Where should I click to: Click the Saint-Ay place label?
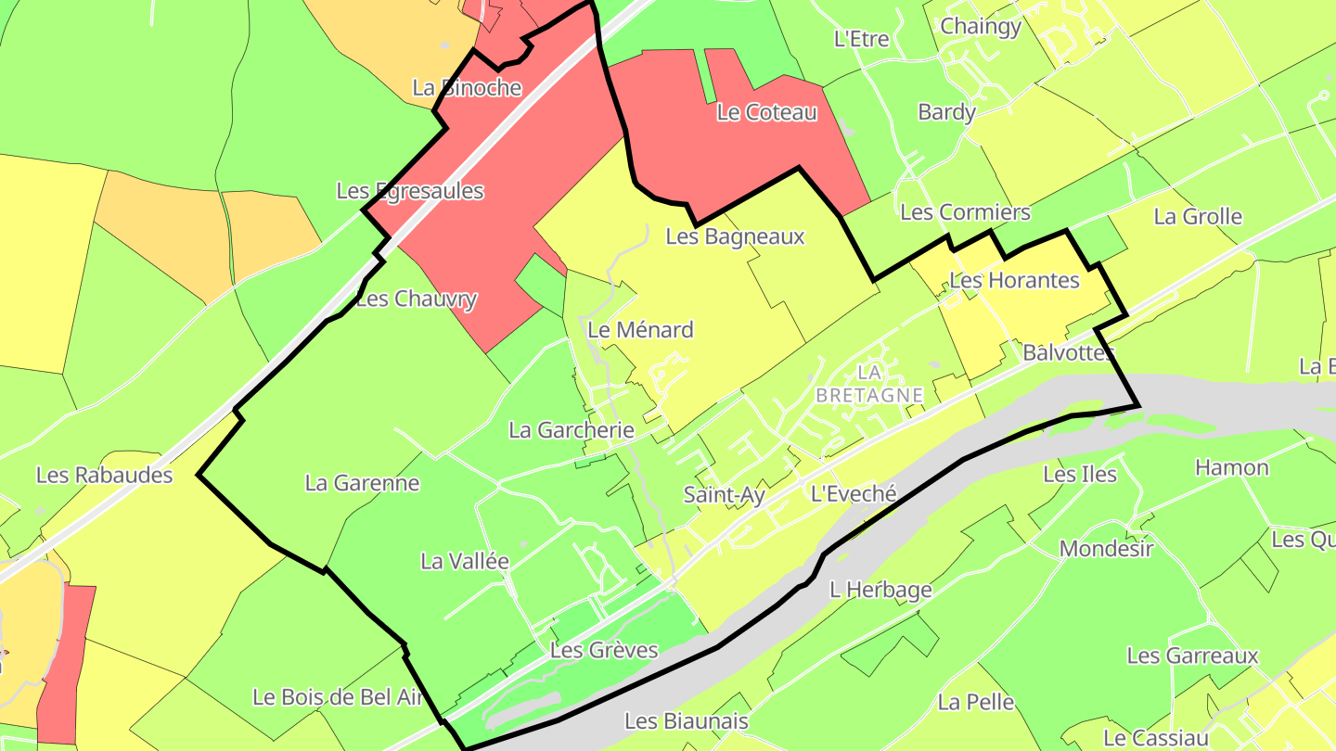[x=724, y=495]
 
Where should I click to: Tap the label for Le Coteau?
[x=767, y=113]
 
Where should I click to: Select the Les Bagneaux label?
[x=735, y=236]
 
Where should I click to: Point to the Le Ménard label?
[x=640, y=330]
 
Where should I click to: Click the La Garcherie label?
[x=572, y=430]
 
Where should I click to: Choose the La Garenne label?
[x=362, y=483]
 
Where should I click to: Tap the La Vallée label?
[x=465, y=561]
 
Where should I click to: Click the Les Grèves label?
[x=603, y=650]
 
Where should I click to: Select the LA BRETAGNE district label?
[x=869, y=383]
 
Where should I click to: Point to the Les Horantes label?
[x=1015, y=280]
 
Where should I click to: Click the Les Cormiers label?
[x=965, y=212]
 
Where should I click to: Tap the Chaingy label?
[x=981, y=26]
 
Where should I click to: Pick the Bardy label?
[x=946, y=112]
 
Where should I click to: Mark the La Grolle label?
[x=1198, y=217]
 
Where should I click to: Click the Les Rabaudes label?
[x=105, y=476]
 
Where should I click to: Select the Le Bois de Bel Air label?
[x=338, y=697]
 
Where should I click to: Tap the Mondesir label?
[x=1106, y=548]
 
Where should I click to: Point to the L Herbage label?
[x=880, y=589]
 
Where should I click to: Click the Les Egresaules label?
[x=410, y=191]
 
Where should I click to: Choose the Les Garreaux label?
[x=1192, y=656]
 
